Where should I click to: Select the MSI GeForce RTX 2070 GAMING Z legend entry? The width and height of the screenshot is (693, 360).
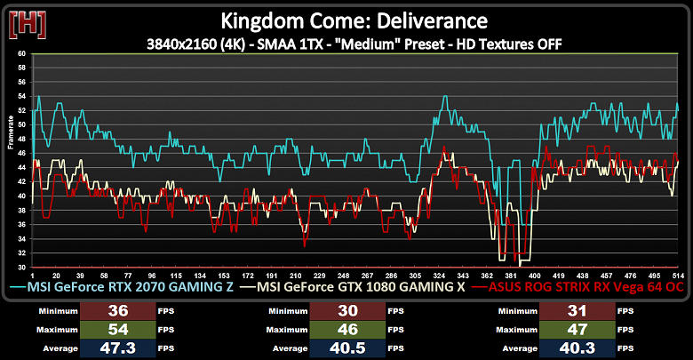(126, 288)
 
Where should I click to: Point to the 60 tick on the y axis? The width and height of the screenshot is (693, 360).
(22, 53)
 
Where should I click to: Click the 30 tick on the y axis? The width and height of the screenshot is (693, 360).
(22, 267)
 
